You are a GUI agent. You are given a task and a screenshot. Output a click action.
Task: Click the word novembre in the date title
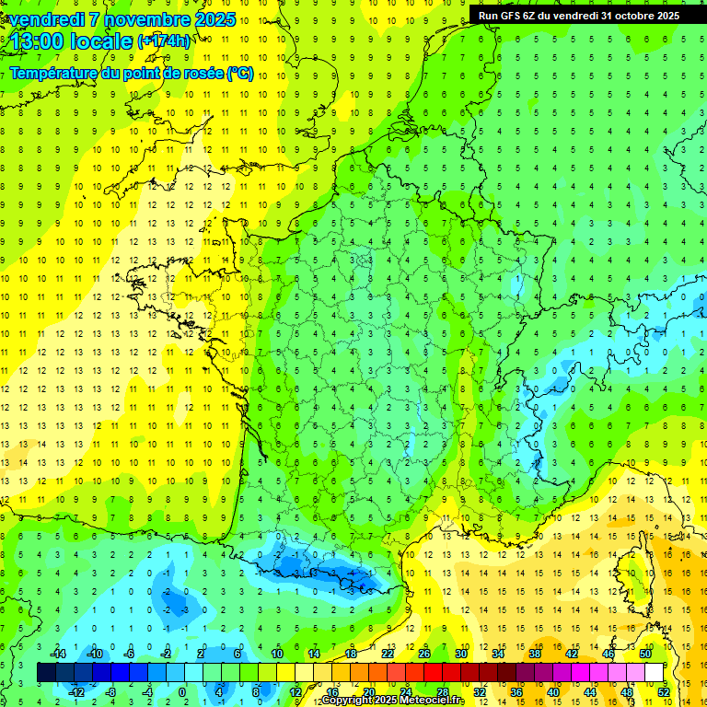(137, 19)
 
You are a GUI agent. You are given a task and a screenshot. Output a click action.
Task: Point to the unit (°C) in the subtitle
(240, 73)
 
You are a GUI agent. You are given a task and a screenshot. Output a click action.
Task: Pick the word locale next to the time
(106, 41)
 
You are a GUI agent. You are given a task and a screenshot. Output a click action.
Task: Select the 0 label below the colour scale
(182, 691)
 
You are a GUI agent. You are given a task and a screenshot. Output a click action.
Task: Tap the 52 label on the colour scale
(664, 691)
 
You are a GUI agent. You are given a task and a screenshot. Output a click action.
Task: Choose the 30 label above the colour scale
(461, 654)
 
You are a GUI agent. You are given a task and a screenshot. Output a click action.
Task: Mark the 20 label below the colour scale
(368, 691)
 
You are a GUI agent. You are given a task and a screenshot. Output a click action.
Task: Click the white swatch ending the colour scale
(654, 672)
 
